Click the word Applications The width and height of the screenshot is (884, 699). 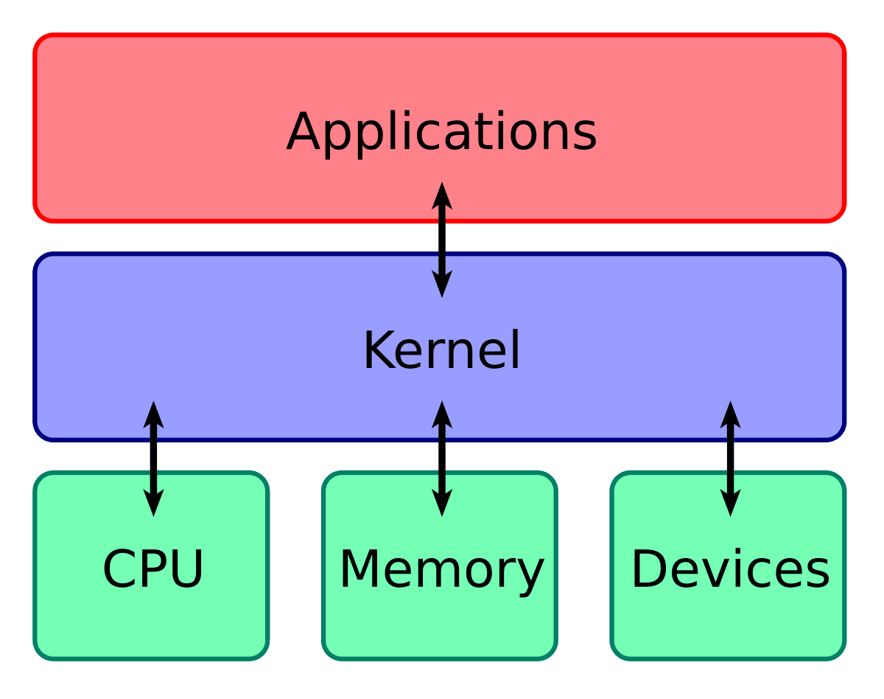(x=441, y=133)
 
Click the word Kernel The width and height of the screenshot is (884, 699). (x=441, y=351)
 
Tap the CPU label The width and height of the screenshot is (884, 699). (x=152, y=569)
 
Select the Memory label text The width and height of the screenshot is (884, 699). (x=441, y=569)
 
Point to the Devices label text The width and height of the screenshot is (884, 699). (x=730, y=569)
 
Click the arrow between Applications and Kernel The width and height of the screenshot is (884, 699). (x=441, y=240)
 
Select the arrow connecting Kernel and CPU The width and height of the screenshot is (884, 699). (x=153, y=458)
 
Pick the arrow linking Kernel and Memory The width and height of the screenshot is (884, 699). (x=441, y=458)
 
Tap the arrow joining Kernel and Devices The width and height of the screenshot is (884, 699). (x=730, y=458)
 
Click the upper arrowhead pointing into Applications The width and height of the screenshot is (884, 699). (x=441, y=195)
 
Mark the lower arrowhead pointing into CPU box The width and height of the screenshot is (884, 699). (x=153, y=503)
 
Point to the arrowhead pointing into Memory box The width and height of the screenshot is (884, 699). (x=441, y=503)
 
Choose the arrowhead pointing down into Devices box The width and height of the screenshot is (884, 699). (x=730, y=503)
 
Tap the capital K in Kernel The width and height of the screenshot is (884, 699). (x=379, y=351)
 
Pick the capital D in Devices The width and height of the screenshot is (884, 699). (x=648, y=569)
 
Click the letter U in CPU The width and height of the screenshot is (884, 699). (x=186, y=569)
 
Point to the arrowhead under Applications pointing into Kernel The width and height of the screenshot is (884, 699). (x=441, y=284)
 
